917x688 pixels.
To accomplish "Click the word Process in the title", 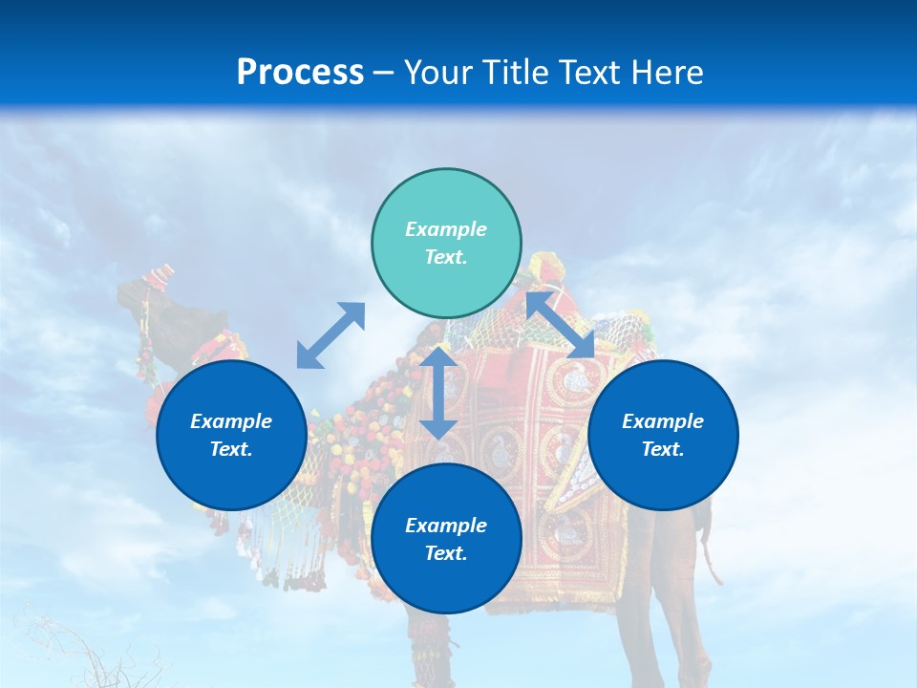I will pyautogui.click(x=300, y=73).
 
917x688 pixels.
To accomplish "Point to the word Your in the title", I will pyautogui.click(x=438, y=73).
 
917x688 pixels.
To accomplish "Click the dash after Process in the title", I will pyautogui.click(x=383, y=74).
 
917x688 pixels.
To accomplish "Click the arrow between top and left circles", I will pyautogui.click(x=331, y=335).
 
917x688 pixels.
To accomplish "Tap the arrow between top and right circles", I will pyautogui.click(x=561, y=325).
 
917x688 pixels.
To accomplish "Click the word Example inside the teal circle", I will pyautogui.click(x=446, y=229).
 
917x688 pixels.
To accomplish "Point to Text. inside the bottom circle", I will pyautogui.click(x=446, y=553).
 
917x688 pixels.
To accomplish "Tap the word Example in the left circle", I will pyautogui.click(x=231, y=421).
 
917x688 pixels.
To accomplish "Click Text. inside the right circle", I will pyautogui.click(x=663, y=449).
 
